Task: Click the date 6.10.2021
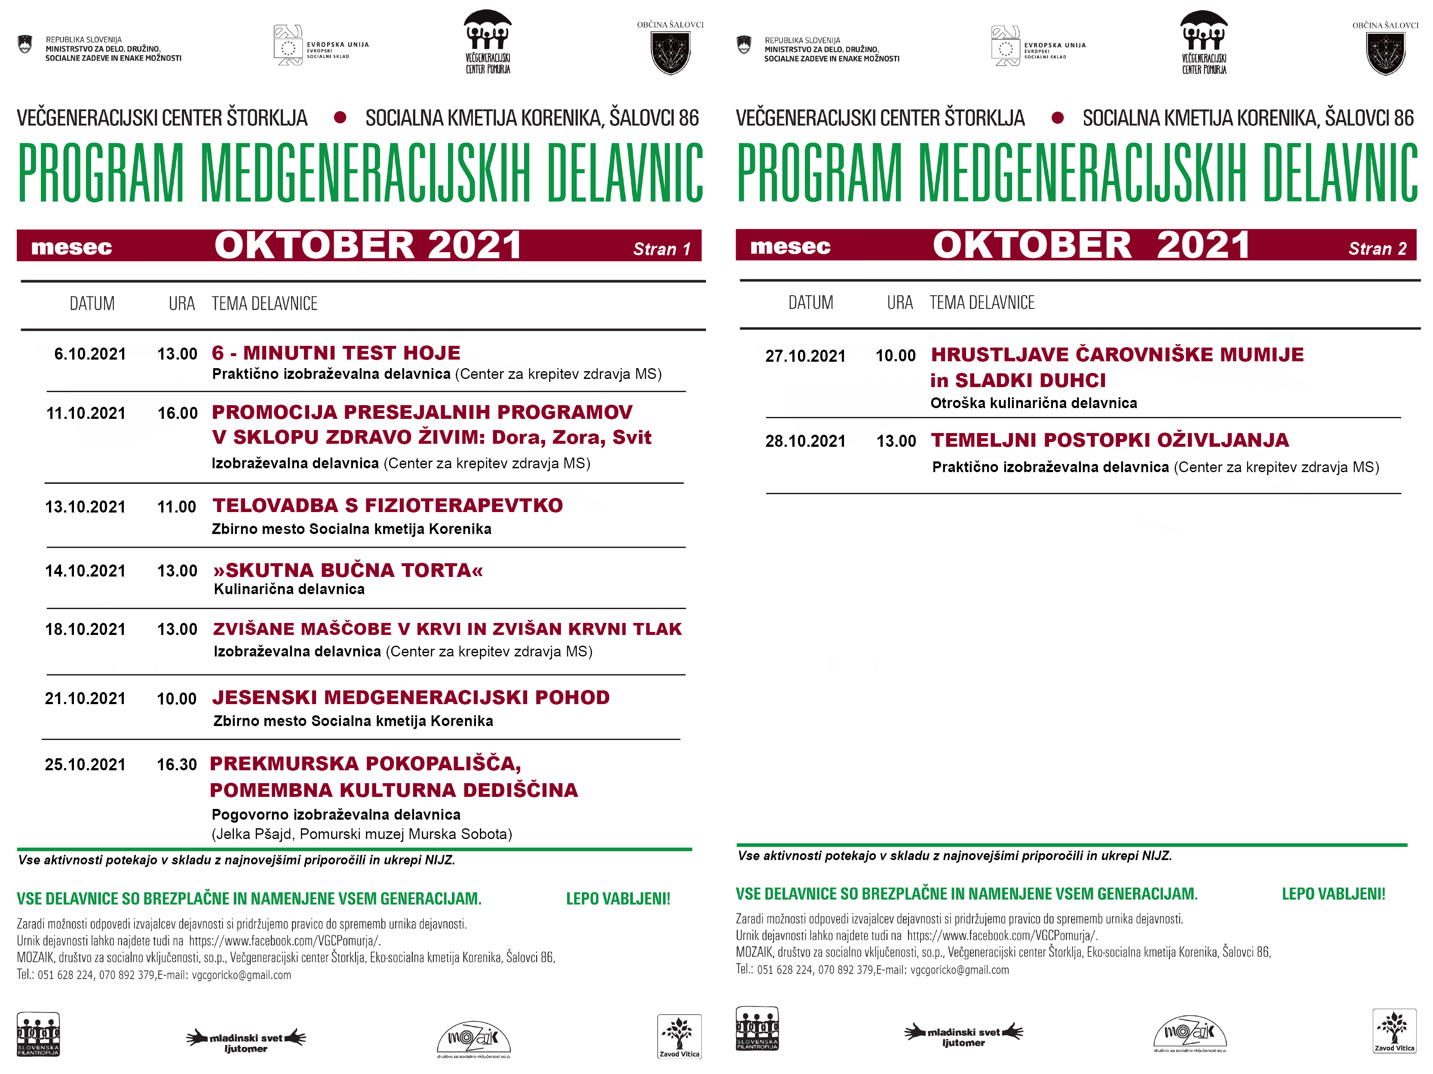click(x=89, y=354)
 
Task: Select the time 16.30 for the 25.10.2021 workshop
click(x=176, y=765)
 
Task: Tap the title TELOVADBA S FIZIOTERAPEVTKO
click(x=387, y=506)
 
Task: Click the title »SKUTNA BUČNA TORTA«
click(x=348, y=571)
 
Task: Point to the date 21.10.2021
click(x=85, y=699)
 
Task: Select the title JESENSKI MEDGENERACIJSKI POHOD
click(x=411, y=697)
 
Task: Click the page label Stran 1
click(x=661, y=249)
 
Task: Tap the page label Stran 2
click(x=1377, y=249)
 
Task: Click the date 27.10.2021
click(x=805, y=356)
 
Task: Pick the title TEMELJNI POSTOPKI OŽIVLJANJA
click(x=1110, y=440)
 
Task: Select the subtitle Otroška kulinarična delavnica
click(x=1033, y=403)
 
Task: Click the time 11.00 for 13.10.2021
click(x=176, y=507)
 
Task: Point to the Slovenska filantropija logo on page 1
click(x=38, y=1034)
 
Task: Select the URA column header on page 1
click(x=181, y=304)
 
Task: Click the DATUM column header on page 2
click(x=810, y=303)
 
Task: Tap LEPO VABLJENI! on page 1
click(x=618, y=899)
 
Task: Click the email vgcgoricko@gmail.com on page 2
click(x=960, y=970)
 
